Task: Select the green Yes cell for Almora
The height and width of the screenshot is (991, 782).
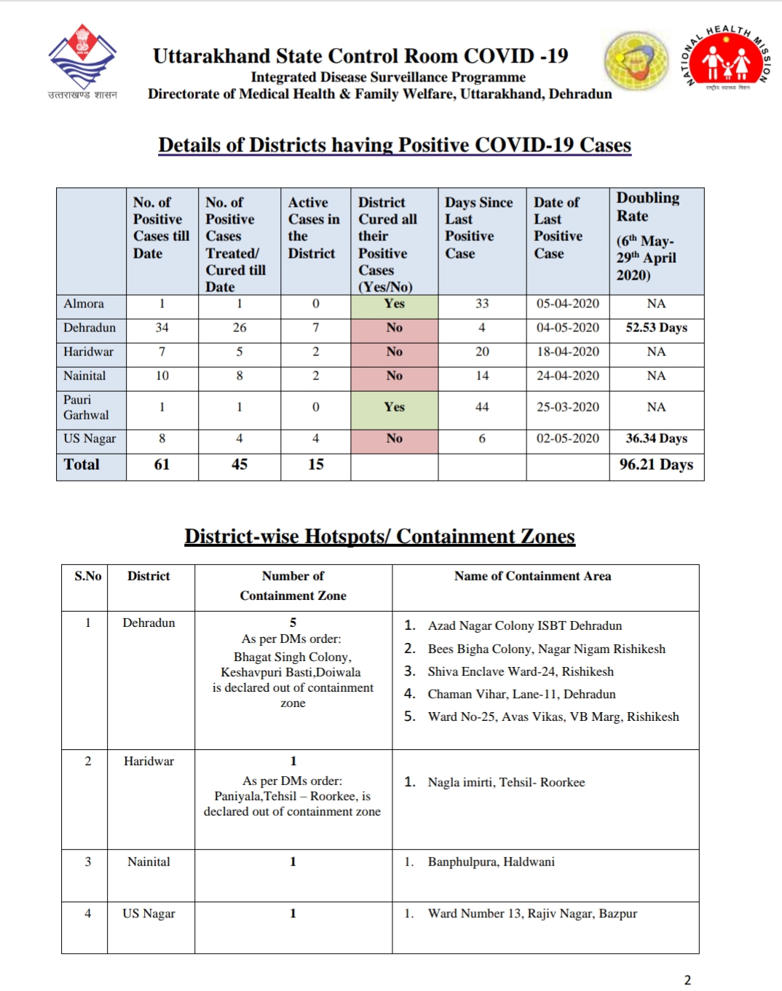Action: [394, 304]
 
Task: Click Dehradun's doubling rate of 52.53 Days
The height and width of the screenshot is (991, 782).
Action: [656, 328]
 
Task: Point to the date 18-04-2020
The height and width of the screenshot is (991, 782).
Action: [568, 352]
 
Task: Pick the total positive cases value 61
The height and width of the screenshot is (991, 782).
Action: [162, 465]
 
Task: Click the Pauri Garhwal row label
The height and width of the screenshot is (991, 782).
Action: [85, 408]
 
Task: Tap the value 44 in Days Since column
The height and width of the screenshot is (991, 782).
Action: [482, 407]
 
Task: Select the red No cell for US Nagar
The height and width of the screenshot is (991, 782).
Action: [394, 438]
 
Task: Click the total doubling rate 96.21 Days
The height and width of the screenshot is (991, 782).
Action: [656, 465]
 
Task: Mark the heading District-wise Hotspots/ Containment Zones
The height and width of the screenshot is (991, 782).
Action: [379, 537]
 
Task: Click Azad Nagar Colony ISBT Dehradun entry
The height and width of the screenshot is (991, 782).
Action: [524, 626]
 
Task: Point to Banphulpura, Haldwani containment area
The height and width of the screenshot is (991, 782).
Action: [491, 862]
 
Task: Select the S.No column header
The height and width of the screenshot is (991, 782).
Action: [88, 576]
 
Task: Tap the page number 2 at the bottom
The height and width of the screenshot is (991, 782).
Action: [687, 980]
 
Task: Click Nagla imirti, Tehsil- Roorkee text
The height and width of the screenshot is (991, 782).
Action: [506, 783]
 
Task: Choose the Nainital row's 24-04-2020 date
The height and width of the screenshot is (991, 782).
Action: [568, 376]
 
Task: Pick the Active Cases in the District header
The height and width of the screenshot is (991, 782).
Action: [314, 227]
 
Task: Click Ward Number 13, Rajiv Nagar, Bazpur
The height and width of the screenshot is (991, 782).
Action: [532, 914]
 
